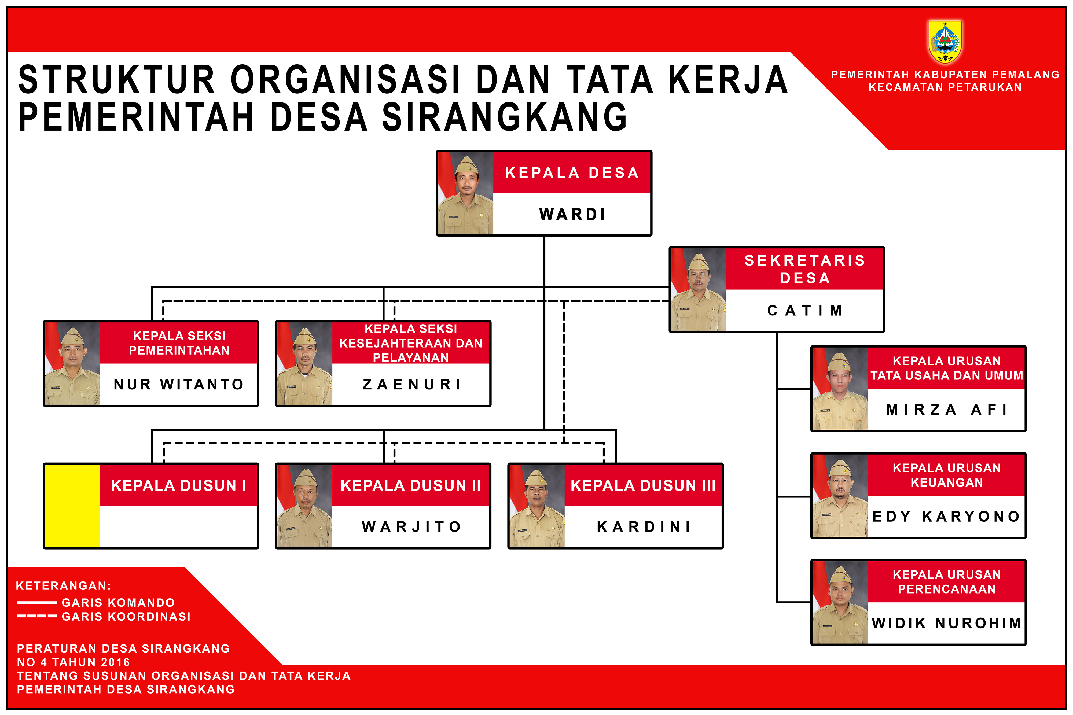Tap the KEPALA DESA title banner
572,173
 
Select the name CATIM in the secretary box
804,311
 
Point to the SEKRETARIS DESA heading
804,269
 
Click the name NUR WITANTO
179,384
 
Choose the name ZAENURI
411,384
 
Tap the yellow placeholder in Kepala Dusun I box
72,506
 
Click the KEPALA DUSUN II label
410,486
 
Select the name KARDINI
644,527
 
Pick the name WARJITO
411,527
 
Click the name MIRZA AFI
946,410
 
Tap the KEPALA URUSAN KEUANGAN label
947,475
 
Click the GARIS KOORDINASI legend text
126,617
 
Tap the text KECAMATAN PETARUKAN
945,87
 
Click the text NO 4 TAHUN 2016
74,662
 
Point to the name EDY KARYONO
946,516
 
